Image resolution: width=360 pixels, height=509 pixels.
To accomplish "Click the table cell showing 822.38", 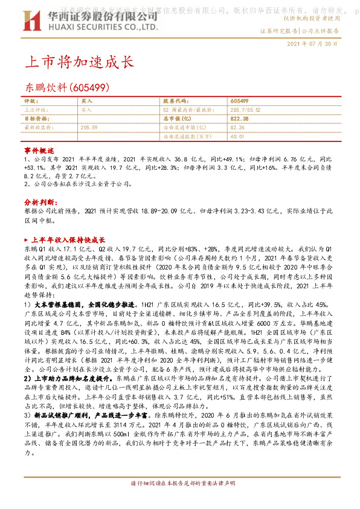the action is coord(240,119).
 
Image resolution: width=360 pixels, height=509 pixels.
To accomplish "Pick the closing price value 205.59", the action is coord(89,128).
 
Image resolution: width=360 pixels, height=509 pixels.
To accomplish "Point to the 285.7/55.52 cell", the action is coord(243,110).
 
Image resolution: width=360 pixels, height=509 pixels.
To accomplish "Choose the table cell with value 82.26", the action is coord(237,128).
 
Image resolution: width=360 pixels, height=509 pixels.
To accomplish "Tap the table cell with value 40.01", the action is coord(237,137).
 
